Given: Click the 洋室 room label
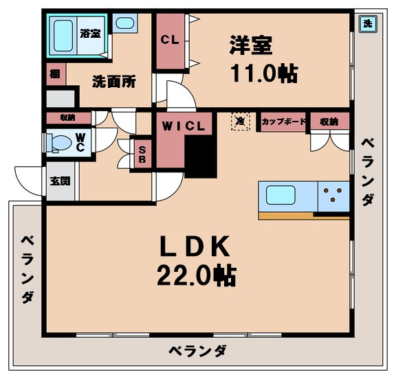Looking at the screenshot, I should click(x=250, y=45).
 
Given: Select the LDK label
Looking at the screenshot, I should click(x=195, y=246).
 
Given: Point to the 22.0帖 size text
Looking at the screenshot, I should click(x=196, y=276).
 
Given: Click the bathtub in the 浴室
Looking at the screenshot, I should click(x=63, y=34).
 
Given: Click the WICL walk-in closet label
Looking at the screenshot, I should click(x=184, y=126).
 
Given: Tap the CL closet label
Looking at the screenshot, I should click(x=170, y=40).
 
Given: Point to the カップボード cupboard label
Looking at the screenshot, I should click(x=283, y=122).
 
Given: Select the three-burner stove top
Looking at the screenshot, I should click(x=333, y=194).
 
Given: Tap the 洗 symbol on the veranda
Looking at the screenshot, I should click(x=367, y=23).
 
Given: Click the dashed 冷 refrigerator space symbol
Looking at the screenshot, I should click(x=240, y=121).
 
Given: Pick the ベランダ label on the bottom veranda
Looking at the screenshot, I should click(x=198, y=351).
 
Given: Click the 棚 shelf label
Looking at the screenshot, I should click(x=54, y=73).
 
